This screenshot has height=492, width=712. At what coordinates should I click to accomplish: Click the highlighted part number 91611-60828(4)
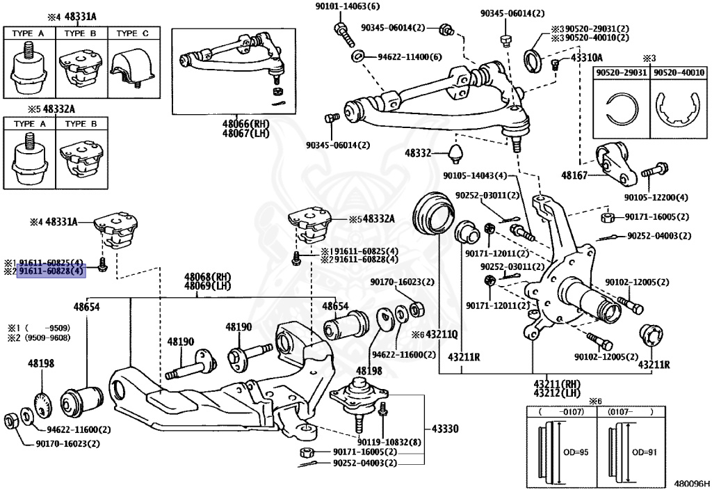[x=51, y=272]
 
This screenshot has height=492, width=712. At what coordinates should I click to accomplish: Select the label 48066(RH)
[x=245, y=124]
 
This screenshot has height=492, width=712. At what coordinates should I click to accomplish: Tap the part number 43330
[x=445, y=429]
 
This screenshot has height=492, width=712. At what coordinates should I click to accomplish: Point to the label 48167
[x=574, y=175]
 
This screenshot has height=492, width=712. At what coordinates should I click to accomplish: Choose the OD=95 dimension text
[x=576, y=452]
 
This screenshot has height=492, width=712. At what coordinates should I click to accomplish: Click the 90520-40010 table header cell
[x=679, y=72]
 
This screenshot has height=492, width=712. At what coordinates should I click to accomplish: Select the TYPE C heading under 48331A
[x=133, y=33]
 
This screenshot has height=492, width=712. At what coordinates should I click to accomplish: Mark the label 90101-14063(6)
[x=348, y=6]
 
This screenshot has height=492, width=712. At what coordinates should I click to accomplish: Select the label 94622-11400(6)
[x=410, y=57]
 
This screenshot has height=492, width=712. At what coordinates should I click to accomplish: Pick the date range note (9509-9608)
[x=48, y=338]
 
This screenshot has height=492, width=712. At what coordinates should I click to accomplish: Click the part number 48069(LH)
[x=207, y=286]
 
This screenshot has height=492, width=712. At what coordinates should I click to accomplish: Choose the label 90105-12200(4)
[x=656, y=198]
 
